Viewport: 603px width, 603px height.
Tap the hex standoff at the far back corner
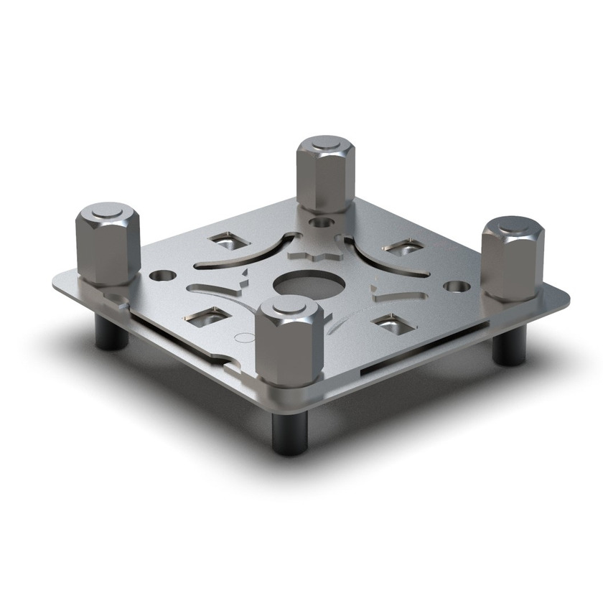[x=326, y=175]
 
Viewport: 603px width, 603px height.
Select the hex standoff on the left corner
[x=108, y=244]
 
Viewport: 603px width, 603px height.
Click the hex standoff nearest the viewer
[x=289, y=342]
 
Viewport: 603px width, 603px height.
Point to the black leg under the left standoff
[x=112, y=332]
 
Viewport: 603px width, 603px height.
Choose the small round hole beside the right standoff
[x=457, y=286]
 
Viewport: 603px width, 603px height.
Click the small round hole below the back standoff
[x=321, y=224]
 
